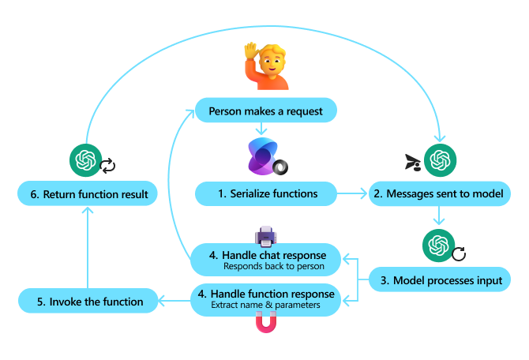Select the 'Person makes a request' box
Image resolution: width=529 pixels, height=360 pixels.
pos(265,111)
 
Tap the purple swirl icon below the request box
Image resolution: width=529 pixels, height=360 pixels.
pos(264,155)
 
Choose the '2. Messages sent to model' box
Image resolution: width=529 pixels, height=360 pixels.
pos(438,193)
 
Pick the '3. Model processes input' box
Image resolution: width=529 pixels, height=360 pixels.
pos(438,280)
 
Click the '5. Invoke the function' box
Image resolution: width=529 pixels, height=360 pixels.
pos(87,301)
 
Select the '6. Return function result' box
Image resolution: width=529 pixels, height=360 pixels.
pos(87,193)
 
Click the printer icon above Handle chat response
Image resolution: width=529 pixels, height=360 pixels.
pos(264,235)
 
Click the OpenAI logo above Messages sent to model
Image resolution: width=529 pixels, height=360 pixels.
pos(437,160)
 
